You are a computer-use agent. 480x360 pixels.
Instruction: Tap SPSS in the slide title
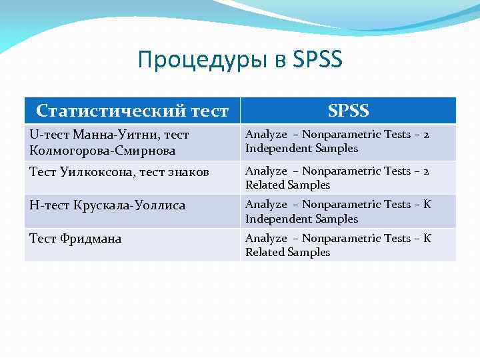click(317, 60)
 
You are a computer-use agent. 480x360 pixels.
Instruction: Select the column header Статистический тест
click(132, 110)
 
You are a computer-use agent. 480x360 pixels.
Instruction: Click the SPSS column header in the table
click(348, 110)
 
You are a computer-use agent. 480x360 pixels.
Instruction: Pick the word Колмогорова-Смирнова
click(102, 151)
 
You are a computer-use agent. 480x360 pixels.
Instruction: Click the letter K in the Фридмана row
click(427, 238)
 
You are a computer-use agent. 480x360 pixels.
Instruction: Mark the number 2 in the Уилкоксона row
click(426, 171)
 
